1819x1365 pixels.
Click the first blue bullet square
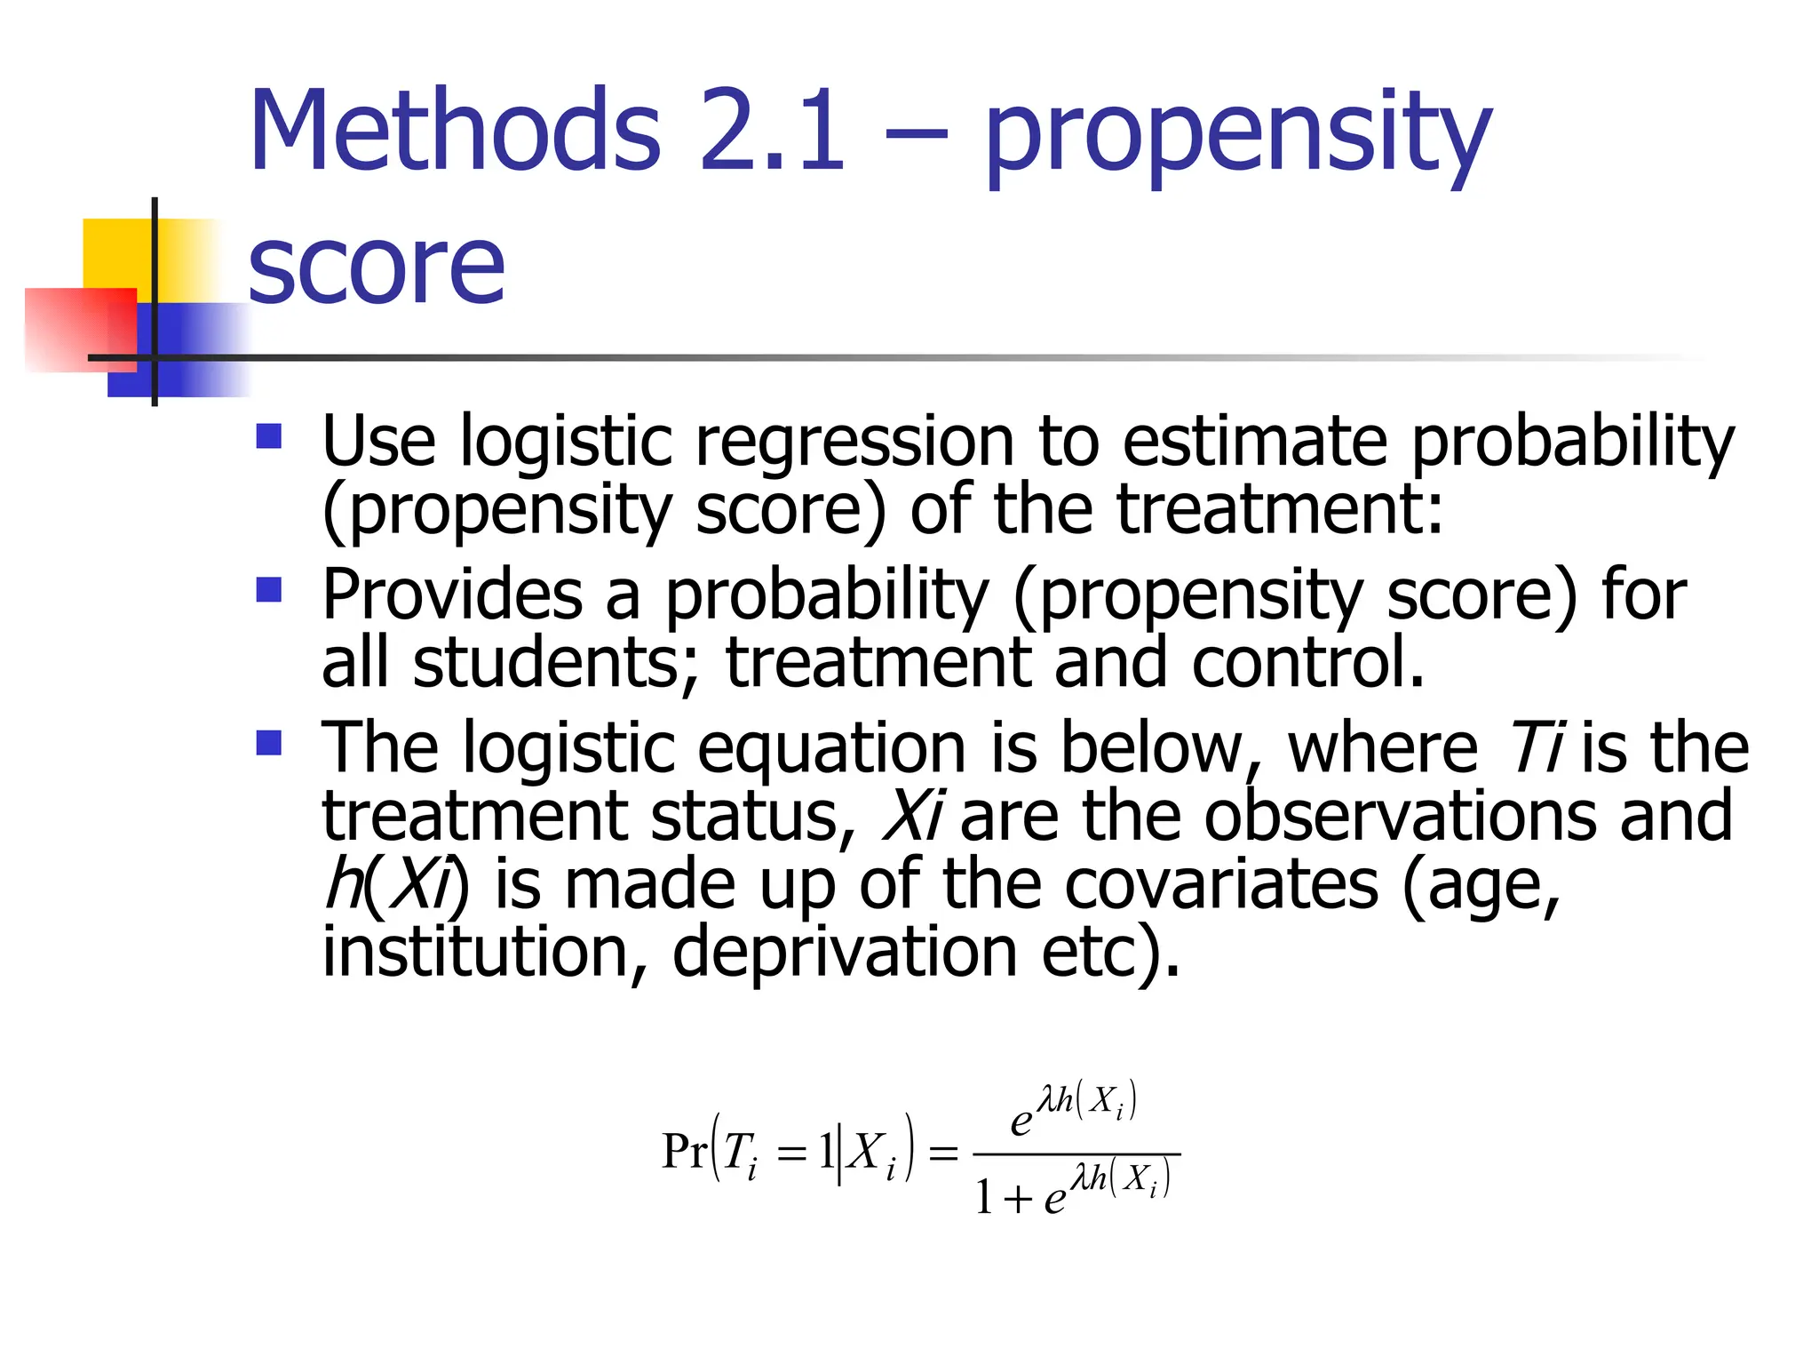tap(268, 435)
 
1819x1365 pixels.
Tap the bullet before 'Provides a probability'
tap(268, 589)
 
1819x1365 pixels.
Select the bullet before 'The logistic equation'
tap(268, 742)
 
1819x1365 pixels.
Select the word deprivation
tap(845, 952)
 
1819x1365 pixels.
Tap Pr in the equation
tap(684, 1152)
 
